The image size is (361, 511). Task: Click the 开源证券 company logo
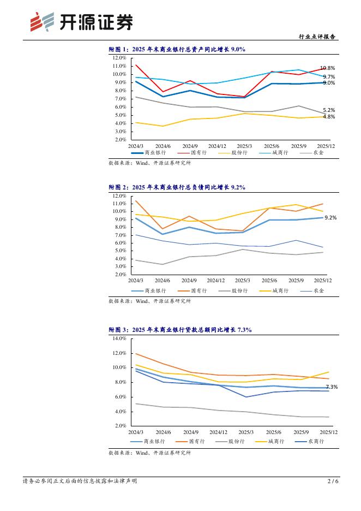point(81,22)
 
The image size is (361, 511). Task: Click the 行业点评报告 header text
point(318,37)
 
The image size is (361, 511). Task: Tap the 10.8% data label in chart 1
point(327,68)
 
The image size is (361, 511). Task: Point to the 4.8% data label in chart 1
point(329,117)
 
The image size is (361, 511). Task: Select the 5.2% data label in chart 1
point(329,110)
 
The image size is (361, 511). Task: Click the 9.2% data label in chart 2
point(330,217)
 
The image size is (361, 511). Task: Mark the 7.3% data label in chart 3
point(332,387)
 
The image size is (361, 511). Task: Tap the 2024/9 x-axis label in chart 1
point(190,146)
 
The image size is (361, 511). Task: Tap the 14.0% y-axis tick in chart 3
point(119,338)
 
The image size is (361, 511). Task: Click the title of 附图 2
point(177,187)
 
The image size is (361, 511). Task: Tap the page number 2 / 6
point(333,482)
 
